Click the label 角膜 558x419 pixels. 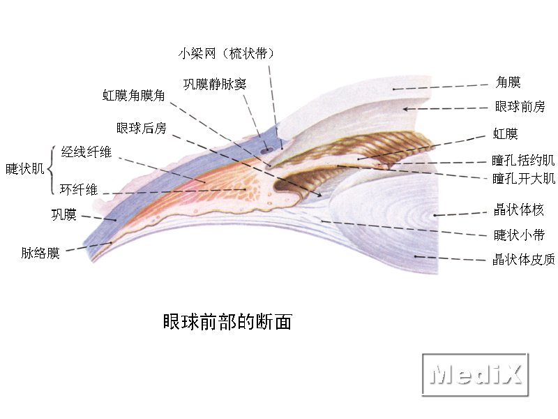pos(508,82)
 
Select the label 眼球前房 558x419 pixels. pos(520,106)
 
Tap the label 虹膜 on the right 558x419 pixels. pos(505,133)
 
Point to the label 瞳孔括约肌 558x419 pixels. pos(523,161)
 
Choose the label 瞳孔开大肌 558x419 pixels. pos(524,178)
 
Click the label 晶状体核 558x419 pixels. pos(519,209)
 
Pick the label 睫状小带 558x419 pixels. pos(519,235)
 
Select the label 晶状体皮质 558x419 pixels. pos(524,259)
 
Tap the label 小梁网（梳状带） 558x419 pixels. pos(226,54)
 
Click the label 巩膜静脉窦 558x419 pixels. pos(215,84)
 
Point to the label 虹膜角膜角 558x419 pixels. pos(133,95)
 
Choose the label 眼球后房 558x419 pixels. pos(142,128)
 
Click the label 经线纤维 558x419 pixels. pos(86,152)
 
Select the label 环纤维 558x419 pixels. pos(79,189)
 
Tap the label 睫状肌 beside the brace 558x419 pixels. pos(24,168)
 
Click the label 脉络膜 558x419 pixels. pos(40,253)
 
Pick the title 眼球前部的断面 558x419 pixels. pos(228,322)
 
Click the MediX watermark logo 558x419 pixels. pos(476,374)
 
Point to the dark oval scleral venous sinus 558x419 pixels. pos(266,151)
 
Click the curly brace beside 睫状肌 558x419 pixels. pos(51,170)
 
